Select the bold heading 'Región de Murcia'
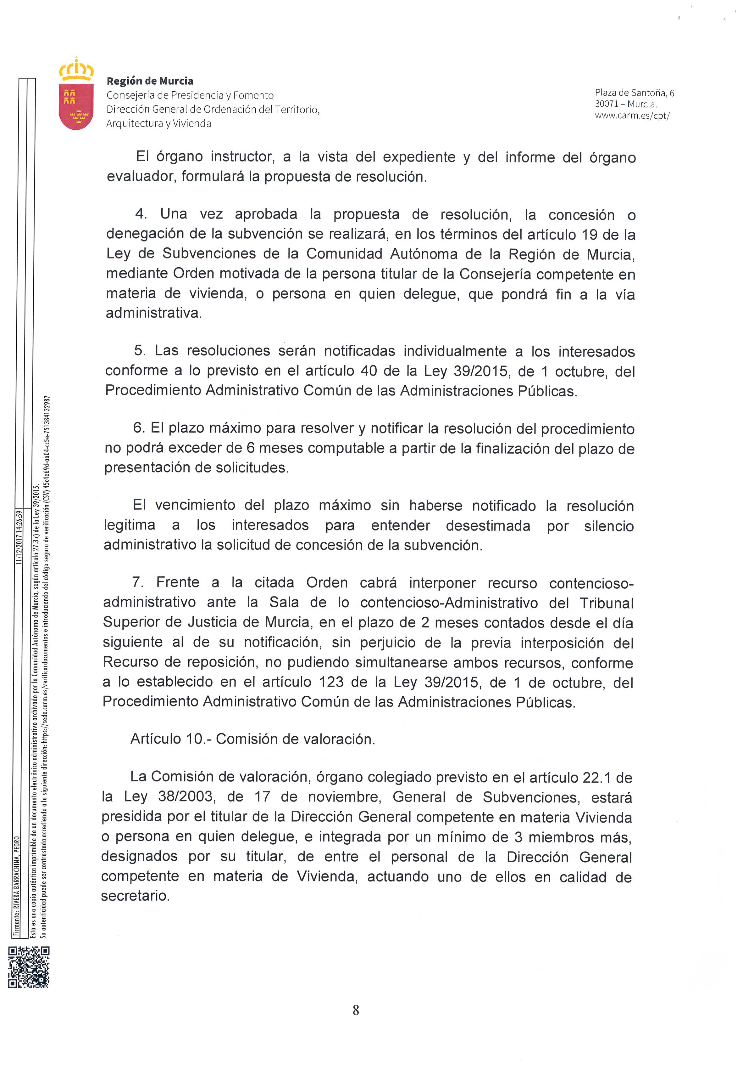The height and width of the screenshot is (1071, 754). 150,81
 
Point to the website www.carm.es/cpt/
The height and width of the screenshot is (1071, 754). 632,116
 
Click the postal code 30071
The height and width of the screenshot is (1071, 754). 607,104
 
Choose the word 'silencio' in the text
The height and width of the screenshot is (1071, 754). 609,526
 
